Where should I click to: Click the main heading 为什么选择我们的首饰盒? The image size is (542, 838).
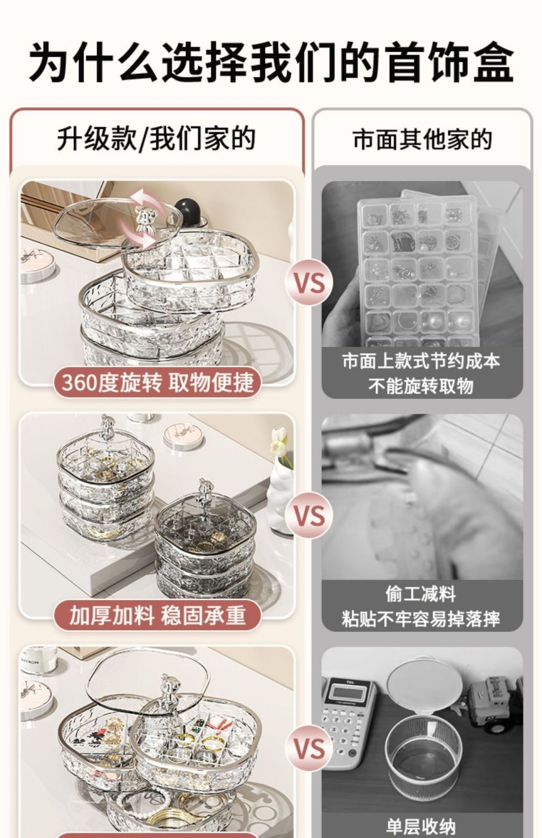pos(271,62)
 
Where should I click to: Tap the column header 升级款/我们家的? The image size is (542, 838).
pos(157,139)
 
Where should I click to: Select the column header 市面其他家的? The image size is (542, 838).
pos(422,139)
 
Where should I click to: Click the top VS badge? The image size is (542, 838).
pos(309,283)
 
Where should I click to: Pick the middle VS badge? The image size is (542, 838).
pos(309,516)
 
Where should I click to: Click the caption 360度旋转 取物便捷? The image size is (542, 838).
pos(157,382)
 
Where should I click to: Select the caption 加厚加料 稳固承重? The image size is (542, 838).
pos(157,616)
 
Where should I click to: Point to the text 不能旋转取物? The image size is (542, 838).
pos(421,385)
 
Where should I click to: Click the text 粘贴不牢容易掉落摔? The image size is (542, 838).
pos(421,619)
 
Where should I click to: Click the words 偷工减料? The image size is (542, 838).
pos(421,594)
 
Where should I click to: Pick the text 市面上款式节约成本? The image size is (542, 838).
pos(421,361)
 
